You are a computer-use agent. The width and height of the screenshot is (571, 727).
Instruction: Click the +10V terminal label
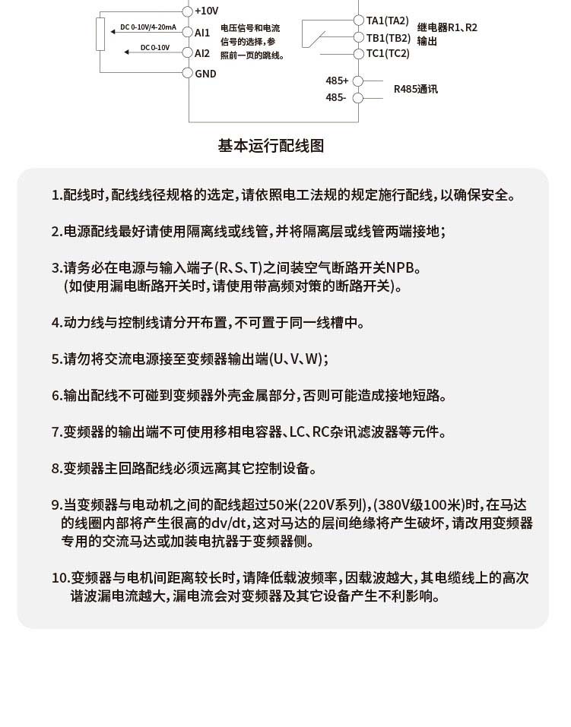[207, 11]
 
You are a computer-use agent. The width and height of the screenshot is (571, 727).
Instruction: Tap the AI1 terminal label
[202, 33]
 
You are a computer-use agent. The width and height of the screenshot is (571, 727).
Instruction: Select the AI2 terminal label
[202, 53]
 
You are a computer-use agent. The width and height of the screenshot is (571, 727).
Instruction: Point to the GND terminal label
[205, 74]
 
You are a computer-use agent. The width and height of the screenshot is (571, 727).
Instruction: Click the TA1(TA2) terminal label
[387, 20]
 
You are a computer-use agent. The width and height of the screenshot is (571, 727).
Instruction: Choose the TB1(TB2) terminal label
[388, 37]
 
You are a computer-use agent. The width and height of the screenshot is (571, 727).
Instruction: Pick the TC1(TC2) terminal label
[388, 53]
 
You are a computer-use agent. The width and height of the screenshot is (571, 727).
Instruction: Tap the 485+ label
[337, 81]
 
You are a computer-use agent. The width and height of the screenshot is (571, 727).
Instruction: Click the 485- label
[336, 97]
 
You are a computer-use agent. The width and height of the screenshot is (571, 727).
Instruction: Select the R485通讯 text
[415, 89]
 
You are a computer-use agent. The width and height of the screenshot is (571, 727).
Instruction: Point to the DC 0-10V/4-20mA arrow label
[149, 28]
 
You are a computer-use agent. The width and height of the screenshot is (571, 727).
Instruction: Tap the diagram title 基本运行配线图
[271, 146]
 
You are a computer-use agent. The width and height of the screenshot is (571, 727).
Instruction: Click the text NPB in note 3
[403, 268]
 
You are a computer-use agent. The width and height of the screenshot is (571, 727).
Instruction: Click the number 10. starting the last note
[61, 578]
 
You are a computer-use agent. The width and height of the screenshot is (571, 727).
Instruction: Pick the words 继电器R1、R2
[447, 27]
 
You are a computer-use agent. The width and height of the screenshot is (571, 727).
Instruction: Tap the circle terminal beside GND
[188, 73]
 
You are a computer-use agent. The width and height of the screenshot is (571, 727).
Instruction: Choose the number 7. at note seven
[56, 432]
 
